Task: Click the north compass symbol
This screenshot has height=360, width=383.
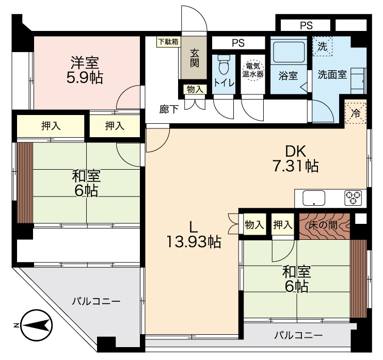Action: (36, 325)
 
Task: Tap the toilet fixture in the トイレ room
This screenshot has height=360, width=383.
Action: (224, 64)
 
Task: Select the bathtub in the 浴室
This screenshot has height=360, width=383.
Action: (289, 52)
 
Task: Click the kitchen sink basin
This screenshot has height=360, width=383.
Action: (314, 198)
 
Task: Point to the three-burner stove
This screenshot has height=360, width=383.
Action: (353, 198)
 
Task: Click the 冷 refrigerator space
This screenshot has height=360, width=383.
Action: (356, 113)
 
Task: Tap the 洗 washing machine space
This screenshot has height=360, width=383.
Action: (323, 46)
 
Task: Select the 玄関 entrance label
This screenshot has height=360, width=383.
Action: (195, 58)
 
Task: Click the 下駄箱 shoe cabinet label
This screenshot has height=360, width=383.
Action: (169, 42)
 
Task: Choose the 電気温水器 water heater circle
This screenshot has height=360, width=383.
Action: (253, 70)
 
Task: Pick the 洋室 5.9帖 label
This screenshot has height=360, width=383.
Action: (85, 70)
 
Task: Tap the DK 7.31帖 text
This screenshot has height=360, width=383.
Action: (295, 159)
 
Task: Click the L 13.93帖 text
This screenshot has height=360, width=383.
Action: (194, 235)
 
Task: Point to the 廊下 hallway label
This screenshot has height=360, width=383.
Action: (169, 109)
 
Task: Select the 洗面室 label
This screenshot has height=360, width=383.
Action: (332, 74)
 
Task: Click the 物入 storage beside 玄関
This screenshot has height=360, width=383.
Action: (195, 89)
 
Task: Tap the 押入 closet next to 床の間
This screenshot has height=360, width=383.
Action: (283, 224)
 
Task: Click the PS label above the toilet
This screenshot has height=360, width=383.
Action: (238, 43)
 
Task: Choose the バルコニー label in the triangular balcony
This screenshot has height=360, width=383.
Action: (96, 302)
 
